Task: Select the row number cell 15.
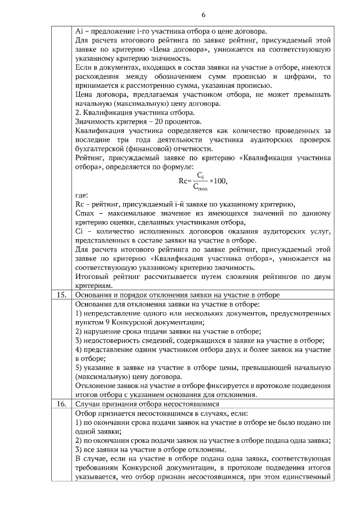point(62,295)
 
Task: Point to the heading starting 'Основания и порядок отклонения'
point(177,295)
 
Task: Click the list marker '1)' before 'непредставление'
point(79,313)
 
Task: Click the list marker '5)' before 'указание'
point(79,367)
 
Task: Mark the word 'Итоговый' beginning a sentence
point(92,276)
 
